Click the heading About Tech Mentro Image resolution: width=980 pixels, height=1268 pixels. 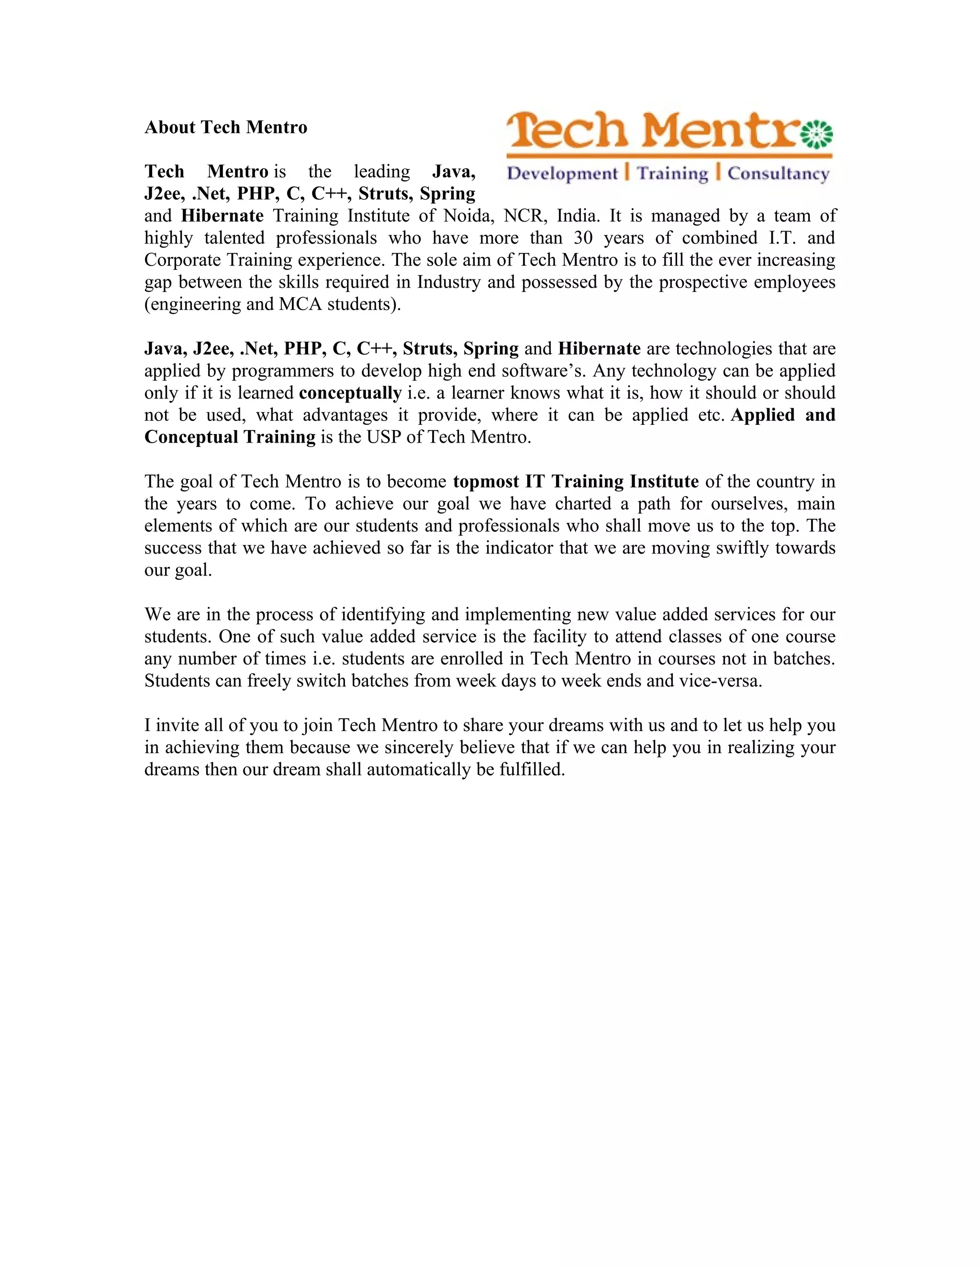(226, 127)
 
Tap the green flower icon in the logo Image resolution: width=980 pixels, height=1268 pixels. (817, 135)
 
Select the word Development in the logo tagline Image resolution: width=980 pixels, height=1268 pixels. (562, 174)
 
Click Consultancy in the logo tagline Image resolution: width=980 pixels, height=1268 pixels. (778, 174)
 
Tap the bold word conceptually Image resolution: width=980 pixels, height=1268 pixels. (350, 393)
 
